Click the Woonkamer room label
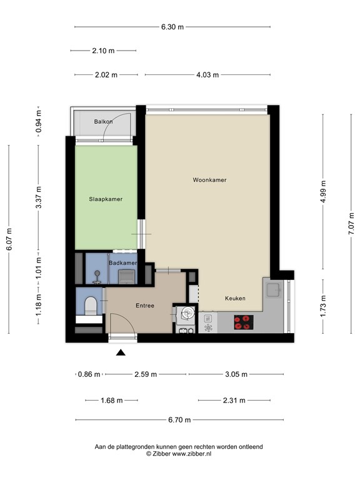(209, 180)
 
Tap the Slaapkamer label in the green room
(105, 199)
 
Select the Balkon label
(103, 121)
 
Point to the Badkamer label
(122, 264)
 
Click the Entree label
(145, 306)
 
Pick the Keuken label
(235, 299)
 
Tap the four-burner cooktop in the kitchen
(244, 322)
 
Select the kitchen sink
(272, 289)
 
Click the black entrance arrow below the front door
(121, 353)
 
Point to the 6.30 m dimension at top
(172, 27)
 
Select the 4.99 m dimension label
(323, 193)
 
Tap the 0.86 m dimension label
(88, 374)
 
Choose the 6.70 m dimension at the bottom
(179, 420)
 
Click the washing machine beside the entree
(185, 314)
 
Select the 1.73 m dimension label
(323, 306)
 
